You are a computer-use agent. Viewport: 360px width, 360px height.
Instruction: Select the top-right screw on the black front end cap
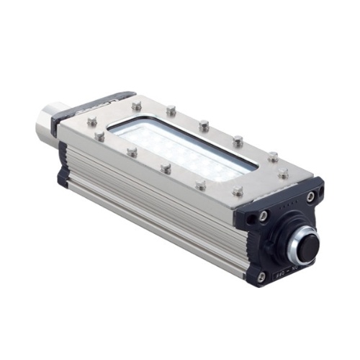tap(310, 197)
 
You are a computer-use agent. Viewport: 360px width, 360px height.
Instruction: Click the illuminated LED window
tap(184, 148)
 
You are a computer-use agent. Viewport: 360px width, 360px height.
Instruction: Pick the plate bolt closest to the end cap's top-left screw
tap(237, 191)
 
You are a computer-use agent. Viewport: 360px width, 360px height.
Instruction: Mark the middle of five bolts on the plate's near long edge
tap(166, 169)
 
